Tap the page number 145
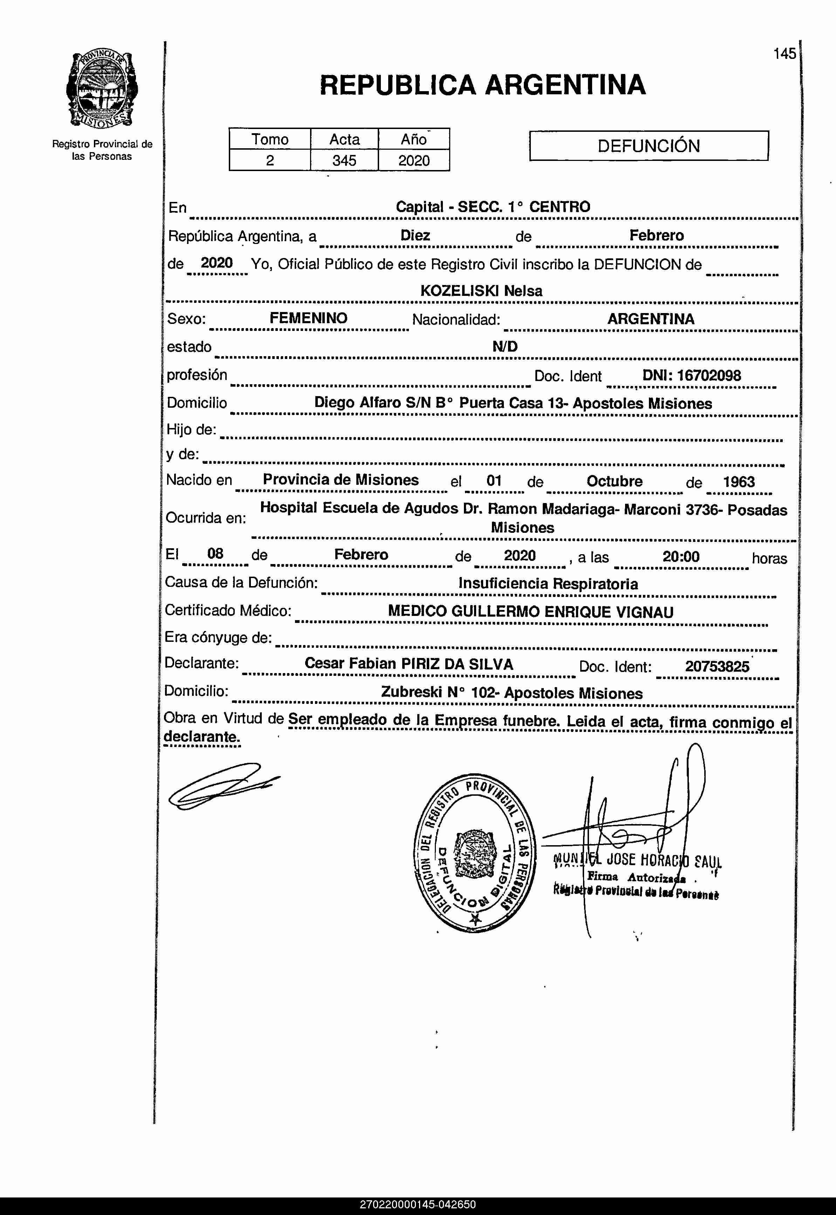click(x=784, y=53)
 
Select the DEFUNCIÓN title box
click(x=649, y=146)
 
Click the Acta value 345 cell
click(x=344, y=160)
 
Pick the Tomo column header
click(x=270, y=140)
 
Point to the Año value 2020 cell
click(x=414, y=160)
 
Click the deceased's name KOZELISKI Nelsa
click(x=481, y=291)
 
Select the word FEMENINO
click(x=309, y=318)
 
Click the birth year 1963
click(x=739, y=482)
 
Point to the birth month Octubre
click(x=615, y=481)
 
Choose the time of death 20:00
click(x=681, y=556)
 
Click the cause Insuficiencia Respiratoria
click(x=548, y=584)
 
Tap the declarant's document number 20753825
click(x=717, y=666)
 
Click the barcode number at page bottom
click(x=418, y=1204)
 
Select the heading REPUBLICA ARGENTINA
click(x=482, y=85)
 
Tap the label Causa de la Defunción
click(x=241, y=583)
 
